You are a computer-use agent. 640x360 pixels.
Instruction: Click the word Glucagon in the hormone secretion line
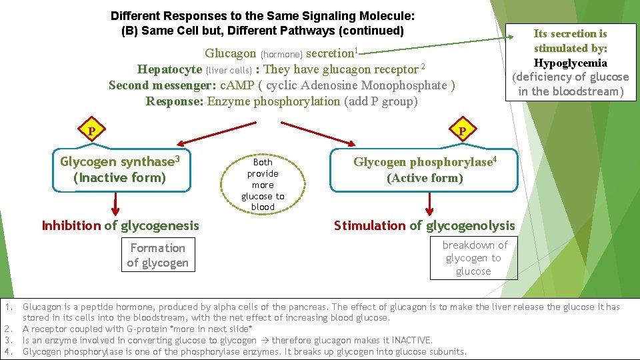(x=230, y=53)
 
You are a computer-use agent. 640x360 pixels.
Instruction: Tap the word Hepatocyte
(x=169, y=69)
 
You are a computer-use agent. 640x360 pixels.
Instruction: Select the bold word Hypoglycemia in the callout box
(x=570, y=63)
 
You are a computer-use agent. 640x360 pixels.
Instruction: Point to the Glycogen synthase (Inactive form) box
(x=120, y=169)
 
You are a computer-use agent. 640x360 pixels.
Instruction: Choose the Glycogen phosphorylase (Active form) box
(x=425, y=170)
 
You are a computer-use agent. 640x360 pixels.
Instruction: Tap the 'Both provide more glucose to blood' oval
(x=263, y=183)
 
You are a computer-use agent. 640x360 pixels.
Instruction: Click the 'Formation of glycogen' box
(x=157, y=255)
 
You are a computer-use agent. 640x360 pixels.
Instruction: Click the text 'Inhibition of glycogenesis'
(x=120, y=225)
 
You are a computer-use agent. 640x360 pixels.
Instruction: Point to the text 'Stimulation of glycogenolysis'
(x=424, y=225)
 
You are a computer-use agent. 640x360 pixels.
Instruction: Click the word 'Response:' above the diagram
(x=175, y=101)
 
